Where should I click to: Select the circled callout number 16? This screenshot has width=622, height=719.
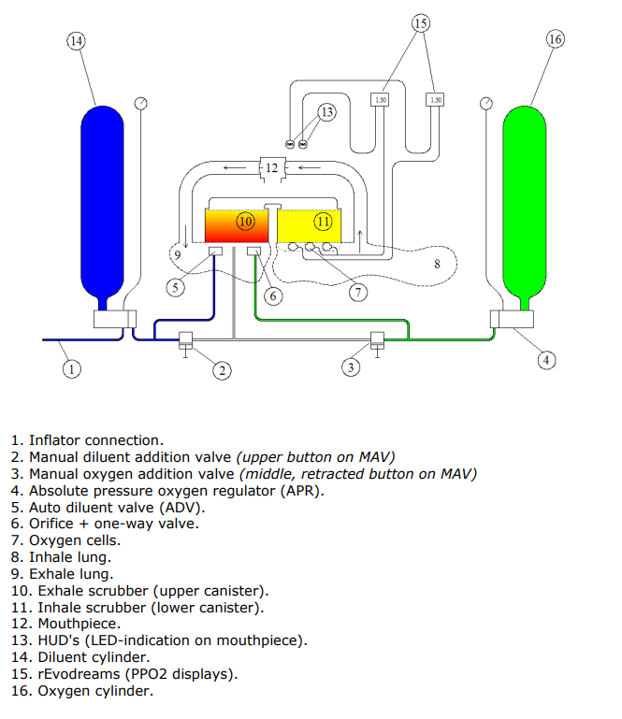tap(555, 39)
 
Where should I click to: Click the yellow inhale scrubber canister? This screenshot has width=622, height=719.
tap(310, 224)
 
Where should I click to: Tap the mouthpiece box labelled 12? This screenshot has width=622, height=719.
tap(271, 168)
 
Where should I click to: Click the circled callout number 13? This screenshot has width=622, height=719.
tap(325, 113)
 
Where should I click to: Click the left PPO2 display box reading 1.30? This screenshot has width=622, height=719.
tap(380, 99)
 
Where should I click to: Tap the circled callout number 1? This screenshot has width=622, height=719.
tap(70, 368)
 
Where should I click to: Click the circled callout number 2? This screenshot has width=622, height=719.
tap(221, 371)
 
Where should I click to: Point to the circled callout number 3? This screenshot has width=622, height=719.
tap(350, 368)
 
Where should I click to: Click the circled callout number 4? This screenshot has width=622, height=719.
tap(546, 359)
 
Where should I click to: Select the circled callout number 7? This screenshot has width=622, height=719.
tap(358, 292)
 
